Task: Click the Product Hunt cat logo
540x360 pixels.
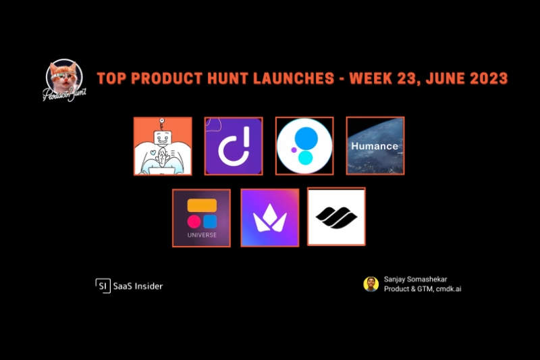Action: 64,80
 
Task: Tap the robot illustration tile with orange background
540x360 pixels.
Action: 163,146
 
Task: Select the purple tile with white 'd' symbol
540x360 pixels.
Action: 234,146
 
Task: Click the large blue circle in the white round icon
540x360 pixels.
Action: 306,138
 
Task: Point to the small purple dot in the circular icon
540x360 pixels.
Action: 294,150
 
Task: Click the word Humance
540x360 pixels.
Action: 375,146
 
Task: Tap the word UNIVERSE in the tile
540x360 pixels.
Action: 202,235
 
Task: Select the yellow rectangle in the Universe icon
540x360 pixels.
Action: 202,205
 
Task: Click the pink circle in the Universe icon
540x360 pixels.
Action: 194,222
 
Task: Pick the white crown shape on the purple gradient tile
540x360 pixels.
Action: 270,218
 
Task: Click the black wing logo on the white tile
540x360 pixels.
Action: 336,217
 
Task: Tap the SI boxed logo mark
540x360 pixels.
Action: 103,286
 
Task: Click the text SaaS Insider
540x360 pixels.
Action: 138,286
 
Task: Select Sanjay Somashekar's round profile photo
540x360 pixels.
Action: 371,284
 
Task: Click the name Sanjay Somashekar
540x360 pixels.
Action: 415,280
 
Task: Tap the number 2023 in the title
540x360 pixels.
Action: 489,78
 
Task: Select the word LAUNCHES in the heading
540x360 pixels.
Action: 294,78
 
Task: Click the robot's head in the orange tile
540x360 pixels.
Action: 162,138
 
